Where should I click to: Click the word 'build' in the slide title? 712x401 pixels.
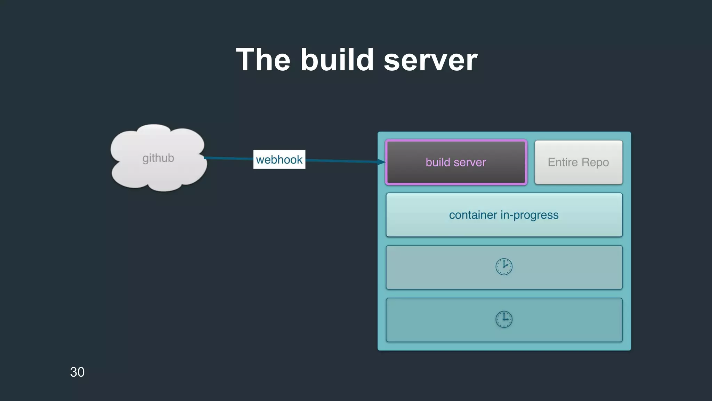tap(337, 60)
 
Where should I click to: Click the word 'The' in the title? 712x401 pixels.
tap(263, 60)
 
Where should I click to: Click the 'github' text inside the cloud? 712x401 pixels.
tap(158, 158)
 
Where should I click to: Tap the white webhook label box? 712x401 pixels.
tap(279, 159)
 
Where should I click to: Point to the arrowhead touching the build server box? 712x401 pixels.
tap(382, 162)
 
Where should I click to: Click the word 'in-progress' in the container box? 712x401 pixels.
tap(529, 215)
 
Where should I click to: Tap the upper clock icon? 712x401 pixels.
tap(504, 267)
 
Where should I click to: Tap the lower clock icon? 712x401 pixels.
tap(504, 319)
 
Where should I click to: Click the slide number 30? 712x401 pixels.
tap(77, 372)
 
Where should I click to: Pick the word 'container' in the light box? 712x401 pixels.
tap(473, 215)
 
